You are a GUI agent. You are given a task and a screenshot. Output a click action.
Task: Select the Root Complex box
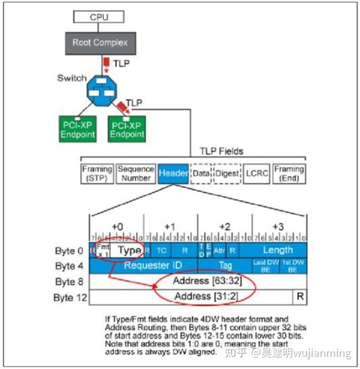point(100,42)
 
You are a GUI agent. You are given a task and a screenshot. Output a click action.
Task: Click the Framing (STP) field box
point(97,173)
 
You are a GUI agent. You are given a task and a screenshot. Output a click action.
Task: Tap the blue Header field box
point(173,173)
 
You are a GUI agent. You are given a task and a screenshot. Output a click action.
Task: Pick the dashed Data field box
point(201,173)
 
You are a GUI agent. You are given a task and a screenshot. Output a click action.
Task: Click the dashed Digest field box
point(227,173)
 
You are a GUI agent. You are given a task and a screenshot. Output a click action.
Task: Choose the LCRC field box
point(257,173)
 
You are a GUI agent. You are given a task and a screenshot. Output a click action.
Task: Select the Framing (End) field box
point(289,173)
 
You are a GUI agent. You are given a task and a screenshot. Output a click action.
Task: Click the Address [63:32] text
point(198,281)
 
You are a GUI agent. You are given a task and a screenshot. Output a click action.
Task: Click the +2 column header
point(224,226)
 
